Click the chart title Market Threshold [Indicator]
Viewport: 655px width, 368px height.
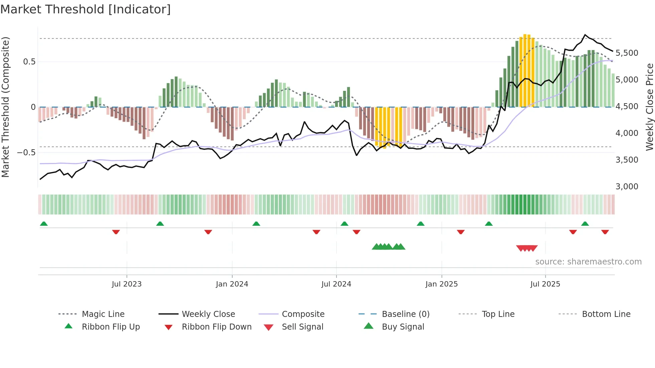tap(86, 9)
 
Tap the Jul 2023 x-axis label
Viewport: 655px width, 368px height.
tap(127, 284)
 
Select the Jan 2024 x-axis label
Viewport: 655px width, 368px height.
tap(232, 284)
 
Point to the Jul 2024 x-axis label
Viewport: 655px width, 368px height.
tap(336, 284)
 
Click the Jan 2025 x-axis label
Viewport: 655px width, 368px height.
tap(441, 284)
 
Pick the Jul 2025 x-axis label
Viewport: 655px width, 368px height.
tap(545, 284)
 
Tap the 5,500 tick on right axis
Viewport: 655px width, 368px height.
tap(627, 53)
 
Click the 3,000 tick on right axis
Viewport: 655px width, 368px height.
tap(627, 187)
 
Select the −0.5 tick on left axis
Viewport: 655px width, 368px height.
tap(26, 153)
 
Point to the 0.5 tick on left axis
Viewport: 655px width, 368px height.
tap(29, 62)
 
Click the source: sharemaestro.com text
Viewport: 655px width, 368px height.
tap(588, 262)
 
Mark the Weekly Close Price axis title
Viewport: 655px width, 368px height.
tap(649, 107)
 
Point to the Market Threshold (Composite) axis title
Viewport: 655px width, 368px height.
tap(5, 107)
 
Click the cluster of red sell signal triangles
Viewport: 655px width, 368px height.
tap(527, 248)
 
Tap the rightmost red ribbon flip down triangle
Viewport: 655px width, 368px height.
tap(605, 232)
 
